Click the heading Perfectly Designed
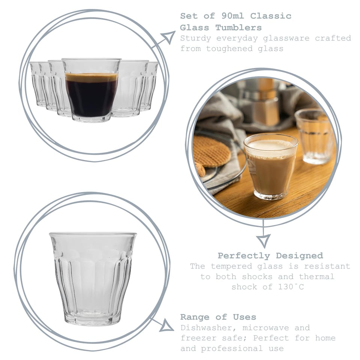tap(270, 256)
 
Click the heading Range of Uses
tap(218, 317)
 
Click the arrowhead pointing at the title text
tap(168, 37)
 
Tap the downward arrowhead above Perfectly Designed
tap(263, 240)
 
